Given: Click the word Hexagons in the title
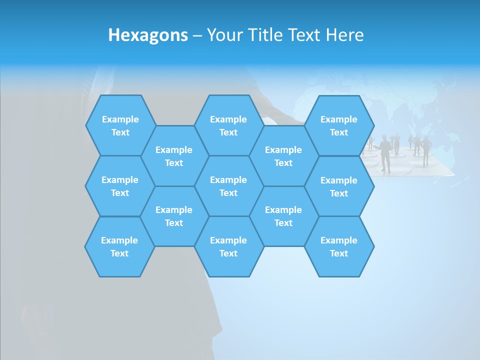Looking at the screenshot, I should pyautogui.click(x=148, y=35).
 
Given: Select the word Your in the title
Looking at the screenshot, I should pyautogui.click(x=223, y=35).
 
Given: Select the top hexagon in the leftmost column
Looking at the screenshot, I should pyautogui.click(x=120, y=125).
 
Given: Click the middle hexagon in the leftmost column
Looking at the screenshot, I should pyautogui.click(x=120, y=186).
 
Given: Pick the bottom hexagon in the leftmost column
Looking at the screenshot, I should pyautogui.click(x=119, y=246).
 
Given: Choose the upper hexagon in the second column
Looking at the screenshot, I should pyautogui.click(x=174, y=156).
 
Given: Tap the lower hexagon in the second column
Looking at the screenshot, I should pyautogui.click(x=174, y=216).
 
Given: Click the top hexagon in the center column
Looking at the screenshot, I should pyautogui.click(x=228, y=125).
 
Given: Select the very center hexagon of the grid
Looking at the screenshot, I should pyautogui.click(x=228, y=186).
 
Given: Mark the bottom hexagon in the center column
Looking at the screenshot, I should pyautogui.click(x=228, y=246).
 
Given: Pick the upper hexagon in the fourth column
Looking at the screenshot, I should pyautogui.click(x=283, y=156).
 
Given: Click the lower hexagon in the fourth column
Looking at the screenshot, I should pyautogui.click(x=283, y=216).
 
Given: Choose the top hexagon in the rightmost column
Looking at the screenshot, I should pyautogui.click(x=339, y=125).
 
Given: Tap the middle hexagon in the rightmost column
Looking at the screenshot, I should pyautogui.click(x=339, y=186).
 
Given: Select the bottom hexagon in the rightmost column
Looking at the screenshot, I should pyautogui.click(x=339, y=246).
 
